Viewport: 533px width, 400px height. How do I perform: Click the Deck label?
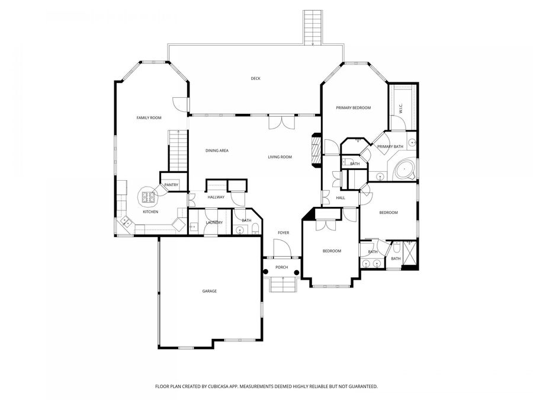point(255,78)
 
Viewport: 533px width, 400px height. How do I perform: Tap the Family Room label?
point(149,118)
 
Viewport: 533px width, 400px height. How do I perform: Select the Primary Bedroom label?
point(353,108)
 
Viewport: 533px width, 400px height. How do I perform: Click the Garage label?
point(210,291)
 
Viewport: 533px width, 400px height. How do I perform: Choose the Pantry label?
point(171,185)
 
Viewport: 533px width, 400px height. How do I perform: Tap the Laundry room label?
point(214,222)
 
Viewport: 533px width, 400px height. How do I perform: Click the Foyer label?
point(284,233)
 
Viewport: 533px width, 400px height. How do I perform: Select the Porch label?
point(282,267)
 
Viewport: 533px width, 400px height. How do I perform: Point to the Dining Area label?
point(217,151)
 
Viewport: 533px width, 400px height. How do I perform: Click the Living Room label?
point(280,157)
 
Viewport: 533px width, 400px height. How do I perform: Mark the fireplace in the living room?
point(316,152)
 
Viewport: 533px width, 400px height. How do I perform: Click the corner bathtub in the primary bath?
point(404,169)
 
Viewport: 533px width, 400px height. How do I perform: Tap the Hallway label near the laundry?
point(216,197)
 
